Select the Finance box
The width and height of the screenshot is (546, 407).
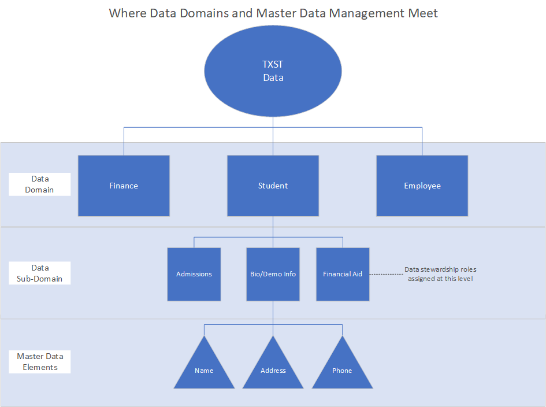[124, 186]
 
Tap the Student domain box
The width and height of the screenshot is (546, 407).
[273, 186]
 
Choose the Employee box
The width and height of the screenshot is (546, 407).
[422, 186]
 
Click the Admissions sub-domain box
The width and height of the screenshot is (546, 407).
[194, 274]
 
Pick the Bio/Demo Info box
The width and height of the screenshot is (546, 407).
[273, 274]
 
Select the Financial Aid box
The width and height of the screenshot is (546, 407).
[343, 274]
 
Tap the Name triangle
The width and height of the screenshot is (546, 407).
[204, 367]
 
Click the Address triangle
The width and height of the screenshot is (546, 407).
[273, 367]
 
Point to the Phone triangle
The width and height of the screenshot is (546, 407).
[342, 367]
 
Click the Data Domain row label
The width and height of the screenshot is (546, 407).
[40, 184]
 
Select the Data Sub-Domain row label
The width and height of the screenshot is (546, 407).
[40, 273]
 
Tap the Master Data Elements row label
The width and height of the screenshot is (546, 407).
[40, 361]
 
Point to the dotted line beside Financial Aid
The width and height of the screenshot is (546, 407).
[385, 274]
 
